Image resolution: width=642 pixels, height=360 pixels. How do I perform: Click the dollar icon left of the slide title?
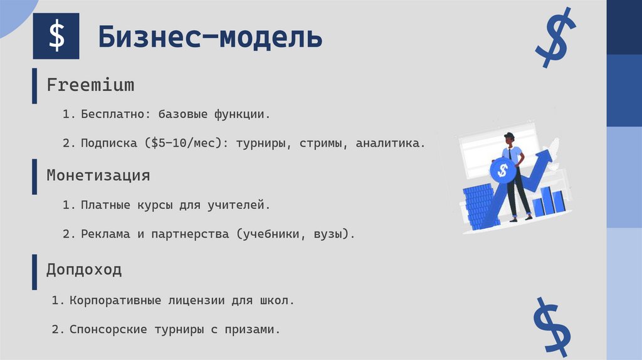56,36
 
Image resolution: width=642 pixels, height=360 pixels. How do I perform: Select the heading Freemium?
90,85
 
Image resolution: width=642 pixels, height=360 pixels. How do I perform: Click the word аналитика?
389,143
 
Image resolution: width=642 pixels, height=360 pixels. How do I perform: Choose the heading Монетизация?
98,175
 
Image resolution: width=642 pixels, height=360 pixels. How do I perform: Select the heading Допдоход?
84,270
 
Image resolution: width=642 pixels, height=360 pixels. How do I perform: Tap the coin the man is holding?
502,170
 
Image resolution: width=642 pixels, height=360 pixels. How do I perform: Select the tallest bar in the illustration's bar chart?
547,200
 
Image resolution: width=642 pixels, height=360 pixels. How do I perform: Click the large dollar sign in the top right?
555,38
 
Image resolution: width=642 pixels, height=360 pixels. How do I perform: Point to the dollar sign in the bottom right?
552,324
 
